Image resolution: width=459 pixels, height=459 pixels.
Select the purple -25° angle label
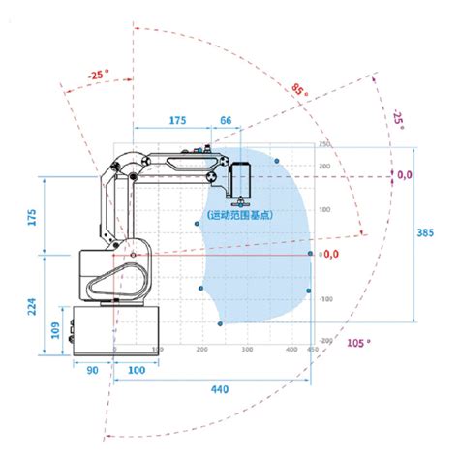tap(397, 121)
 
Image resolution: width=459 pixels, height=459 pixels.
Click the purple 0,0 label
tap(405, 175)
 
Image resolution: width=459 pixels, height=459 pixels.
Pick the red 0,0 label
tap(330, 254)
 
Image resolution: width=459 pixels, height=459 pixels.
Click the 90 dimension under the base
tap(93, 370)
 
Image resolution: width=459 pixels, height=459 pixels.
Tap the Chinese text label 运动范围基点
tap(239, 215)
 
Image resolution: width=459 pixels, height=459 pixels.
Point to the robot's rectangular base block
tap(95, 329)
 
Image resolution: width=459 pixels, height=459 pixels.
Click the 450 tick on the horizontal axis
tap(311, 348)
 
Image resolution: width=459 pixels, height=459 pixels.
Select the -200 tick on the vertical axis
tap(325, 341)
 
